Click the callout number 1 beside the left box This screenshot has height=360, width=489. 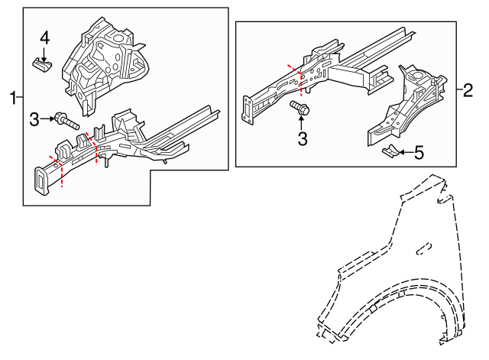click(12, 97)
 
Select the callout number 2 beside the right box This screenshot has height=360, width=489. click(468, 90)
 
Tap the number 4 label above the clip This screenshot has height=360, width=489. click(44, 37)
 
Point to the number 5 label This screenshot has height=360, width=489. click(419, 153)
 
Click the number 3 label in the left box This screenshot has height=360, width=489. click(34, 118)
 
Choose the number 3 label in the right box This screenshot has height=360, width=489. click(303, 138)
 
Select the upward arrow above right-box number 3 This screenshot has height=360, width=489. click(302, 124)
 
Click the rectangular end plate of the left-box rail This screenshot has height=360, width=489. click(40, 181)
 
